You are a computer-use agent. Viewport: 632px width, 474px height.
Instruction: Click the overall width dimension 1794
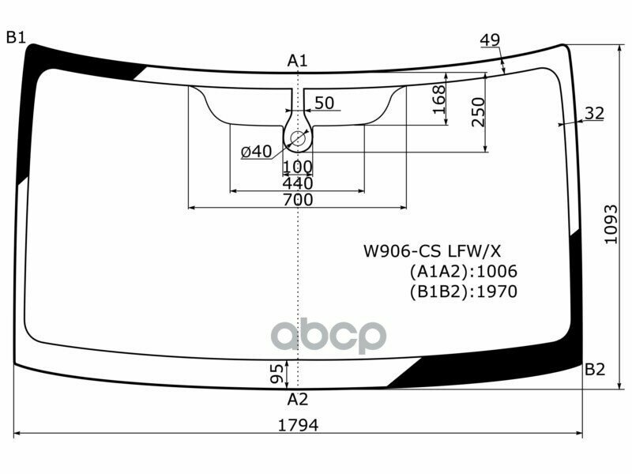[x=298, y=425]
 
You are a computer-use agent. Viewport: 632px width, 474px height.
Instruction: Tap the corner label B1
[x=16, y=36]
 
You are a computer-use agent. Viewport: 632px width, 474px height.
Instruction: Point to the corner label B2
[x=595, y=370]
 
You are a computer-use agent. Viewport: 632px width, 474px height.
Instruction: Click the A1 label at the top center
[x=297, y=60]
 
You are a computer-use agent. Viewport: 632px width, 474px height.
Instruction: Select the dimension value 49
[x=490, y=41]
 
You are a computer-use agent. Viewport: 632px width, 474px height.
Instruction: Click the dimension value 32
[x=594, y=114]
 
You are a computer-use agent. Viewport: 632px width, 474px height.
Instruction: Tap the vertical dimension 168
[x=440, y=99]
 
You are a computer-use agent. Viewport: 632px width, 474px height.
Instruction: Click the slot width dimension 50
[x=324, y=103]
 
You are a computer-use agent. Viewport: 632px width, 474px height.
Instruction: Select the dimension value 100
[x=297, y=167]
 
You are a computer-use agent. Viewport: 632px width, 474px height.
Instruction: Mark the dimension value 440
[x=297, y=183]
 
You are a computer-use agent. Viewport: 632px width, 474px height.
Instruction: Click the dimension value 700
[x=297, y=200]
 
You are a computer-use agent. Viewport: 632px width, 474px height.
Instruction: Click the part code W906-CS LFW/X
[x=431, y=252]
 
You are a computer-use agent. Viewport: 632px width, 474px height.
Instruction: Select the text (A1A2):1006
[x=462, y=272]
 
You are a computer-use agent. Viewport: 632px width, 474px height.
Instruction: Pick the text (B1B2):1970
[x=462, y=292]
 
